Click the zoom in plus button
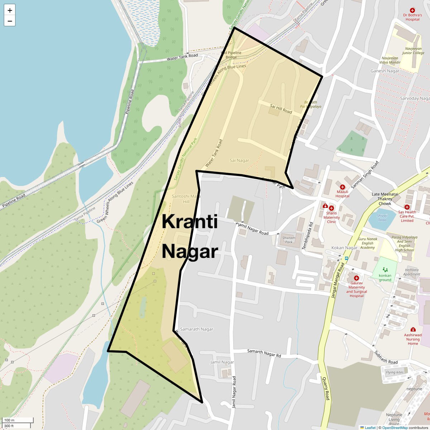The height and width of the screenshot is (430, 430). click(10, 10)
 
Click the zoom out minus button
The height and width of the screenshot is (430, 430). click(10, 21)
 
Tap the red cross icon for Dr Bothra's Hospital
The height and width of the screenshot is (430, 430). click(412, 10)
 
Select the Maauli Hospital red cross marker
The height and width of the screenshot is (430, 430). click(342, 187)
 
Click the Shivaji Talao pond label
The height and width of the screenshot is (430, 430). click(382, 218)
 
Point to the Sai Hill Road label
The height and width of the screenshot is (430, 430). click(281, 109)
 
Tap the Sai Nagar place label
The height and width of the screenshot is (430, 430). click(239, 161)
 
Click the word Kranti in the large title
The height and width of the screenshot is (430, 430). click(190, 221)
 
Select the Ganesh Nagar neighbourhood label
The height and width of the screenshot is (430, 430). click(385, 71)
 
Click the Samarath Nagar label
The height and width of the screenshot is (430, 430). click(196, 329)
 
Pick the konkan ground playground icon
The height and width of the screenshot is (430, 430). click(385, 269)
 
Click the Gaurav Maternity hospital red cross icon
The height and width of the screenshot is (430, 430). click(356, 278)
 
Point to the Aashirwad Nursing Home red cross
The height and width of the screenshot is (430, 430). click(413, 329)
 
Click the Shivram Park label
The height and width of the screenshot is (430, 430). click(289, 240)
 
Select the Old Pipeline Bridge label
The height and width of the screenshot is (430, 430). click(231, 55)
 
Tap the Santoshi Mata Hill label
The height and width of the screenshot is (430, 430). click(186, 199)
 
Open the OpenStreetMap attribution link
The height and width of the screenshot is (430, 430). click(395, 427)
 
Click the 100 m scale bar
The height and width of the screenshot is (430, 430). click(18, 420)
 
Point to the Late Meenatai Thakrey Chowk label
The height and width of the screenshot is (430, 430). click(385, 199)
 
